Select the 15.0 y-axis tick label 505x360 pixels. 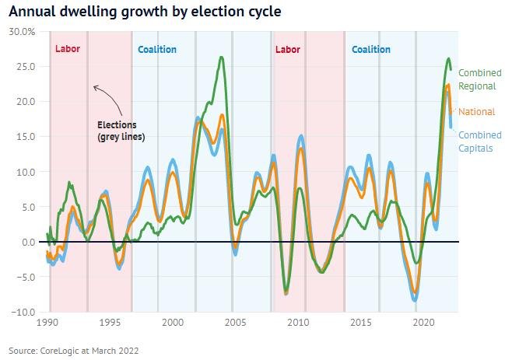[24, 137]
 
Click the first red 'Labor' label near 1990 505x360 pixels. [68, 50]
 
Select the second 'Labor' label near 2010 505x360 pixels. [287, 50]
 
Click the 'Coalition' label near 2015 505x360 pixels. [371, 50]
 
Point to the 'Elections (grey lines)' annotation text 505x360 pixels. [117, 131]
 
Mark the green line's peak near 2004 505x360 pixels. [223, 58]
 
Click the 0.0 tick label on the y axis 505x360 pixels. [26, 242]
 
